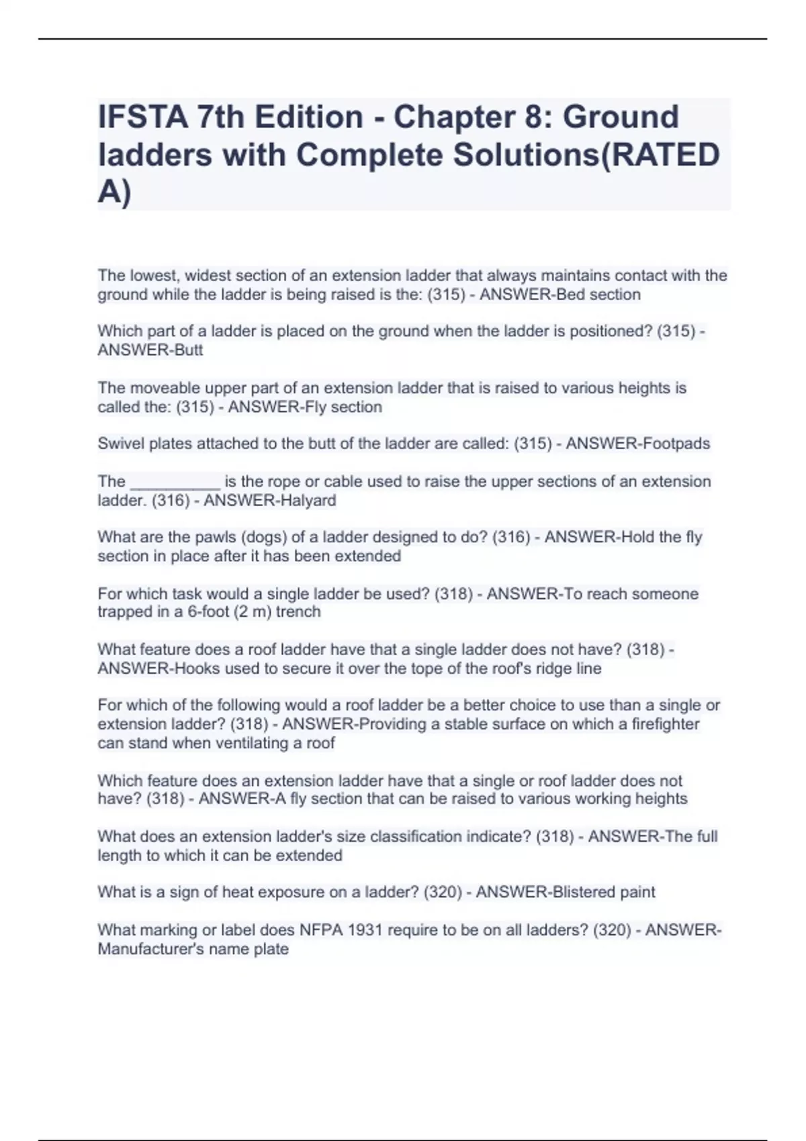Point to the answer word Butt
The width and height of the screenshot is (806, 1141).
pos(189,350)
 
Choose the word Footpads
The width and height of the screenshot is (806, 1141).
pos(672,444)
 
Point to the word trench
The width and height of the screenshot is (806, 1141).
pos(298,612)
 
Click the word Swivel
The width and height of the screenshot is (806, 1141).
pos(120,444)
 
